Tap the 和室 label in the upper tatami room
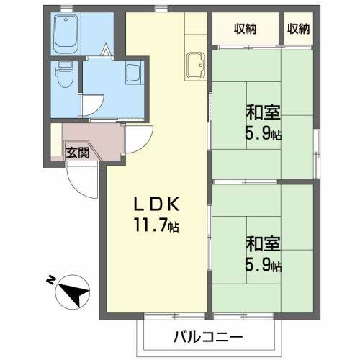pos(264,114)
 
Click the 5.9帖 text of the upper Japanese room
pos(264,134)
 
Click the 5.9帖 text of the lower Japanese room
pos(264,266)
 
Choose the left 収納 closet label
pos(245,29)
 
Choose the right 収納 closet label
pos(298,29)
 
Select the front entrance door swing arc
pos(83,180)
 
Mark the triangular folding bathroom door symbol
pos(107,51)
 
